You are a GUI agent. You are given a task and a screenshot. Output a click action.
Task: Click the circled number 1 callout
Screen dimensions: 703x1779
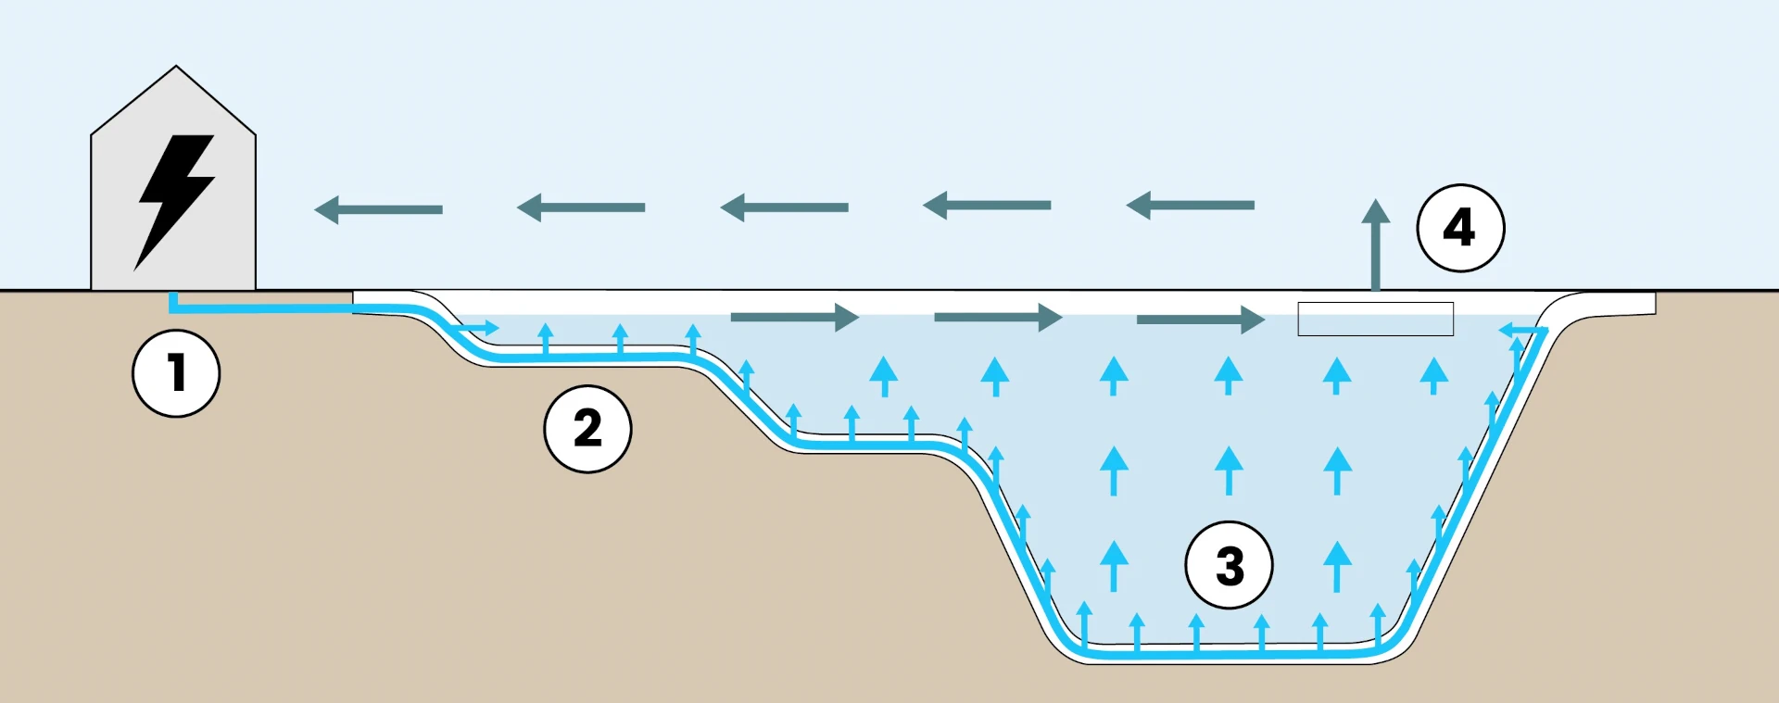pyautogui.click(x=176, y=373)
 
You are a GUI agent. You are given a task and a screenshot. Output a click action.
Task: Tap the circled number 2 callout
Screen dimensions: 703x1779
pyautogui.click(x=587, y=429)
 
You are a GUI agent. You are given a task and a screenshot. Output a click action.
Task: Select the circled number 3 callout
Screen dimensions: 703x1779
pyautogui.click(x=1229, y=565)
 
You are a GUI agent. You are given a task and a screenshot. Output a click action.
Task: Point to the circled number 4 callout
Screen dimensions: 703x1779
pyautogui.click(x=1460, y=228)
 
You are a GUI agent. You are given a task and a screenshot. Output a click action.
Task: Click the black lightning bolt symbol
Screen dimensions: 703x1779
pyautogui.click(x=175, y=198)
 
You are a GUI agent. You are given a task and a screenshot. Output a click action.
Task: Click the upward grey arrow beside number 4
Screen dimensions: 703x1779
pyautogui.click(x=1376, y=243)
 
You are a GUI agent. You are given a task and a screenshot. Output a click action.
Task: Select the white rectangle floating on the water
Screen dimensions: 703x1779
pyautogui.click(x=1375, y=319)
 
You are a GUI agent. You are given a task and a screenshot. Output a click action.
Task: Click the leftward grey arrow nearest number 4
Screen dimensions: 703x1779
pyautogui.click(x=1190, y=205)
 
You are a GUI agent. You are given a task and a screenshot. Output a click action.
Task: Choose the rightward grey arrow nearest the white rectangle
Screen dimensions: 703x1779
pyautogui.click(x=1200, y=320)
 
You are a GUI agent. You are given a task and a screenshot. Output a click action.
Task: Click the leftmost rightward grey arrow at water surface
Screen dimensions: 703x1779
pyautogui.click(x=794, y=317)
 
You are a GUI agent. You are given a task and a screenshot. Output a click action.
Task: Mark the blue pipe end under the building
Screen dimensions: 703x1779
pyautogui.click(x=172, y=301)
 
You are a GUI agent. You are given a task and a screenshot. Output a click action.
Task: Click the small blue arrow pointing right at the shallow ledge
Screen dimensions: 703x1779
pyautogui.click(x=480, y=328)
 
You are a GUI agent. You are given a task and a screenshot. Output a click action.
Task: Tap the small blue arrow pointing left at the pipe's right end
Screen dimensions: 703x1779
pyautogui.click(x=1520, y=329)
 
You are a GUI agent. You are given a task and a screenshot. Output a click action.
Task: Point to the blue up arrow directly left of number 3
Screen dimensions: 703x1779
pyautogui.click(x=1114, y=565)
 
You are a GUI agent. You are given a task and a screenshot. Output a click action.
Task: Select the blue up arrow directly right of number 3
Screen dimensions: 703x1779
pyautogui.click(x=1336, y=565)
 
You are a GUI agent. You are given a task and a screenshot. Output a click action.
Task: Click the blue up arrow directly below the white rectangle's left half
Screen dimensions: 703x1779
pyautogui.click(x=1336, y=375)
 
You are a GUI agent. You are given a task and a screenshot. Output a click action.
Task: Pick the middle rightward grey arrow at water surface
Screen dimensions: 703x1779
pyautogui.click(x=997, y=318)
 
